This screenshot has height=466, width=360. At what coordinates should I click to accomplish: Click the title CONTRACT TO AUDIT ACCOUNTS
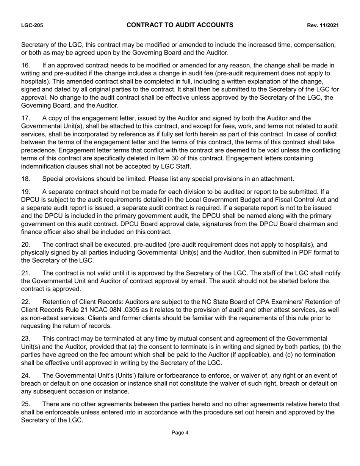(x=180, y=25)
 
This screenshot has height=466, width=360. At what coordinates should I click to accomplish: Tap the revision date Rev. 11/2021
(x=323, y=26)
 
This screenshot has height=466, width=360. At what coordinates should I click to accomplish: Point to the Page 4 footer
(x=180, y=433)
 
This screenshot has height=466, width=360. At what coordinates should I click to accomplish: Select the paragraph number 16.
(x=25, y=66)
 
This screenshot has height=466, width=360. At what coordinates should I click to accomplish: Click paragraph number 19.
(x=25, y=192)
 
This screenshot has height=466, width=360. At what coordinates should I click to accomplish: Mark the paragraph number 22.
(x=25, y=302)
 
